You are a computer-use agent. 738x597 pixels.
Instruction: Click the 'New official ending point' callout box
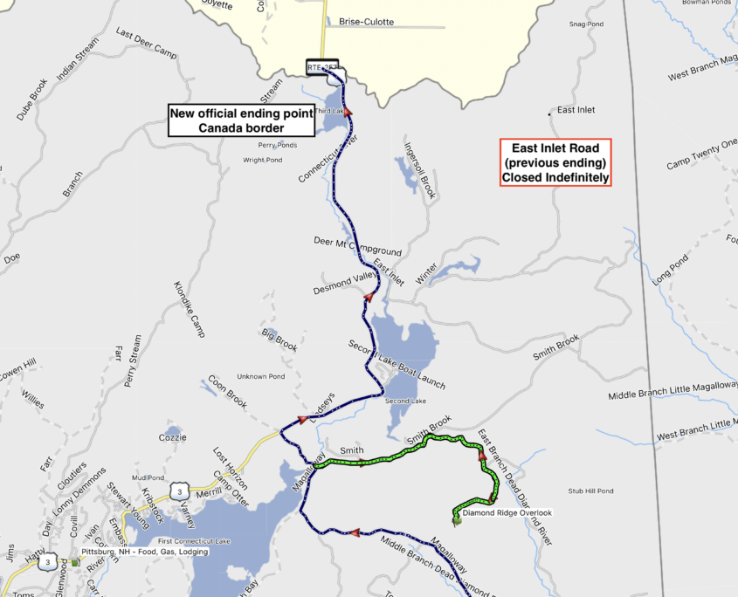click(x=241, y=120)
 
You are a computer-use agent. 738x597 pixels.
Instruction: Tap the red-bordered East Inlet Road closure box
click(x=555, y=161)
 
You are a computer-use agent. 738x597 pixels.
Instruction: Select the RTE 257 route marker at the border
click(x=322, y=66)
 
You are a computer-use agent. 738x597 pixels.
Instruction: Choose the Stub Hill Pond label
click(x=590, y=491)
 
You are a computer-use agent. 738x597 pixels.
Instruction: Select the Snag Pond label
click(x=585, y=24)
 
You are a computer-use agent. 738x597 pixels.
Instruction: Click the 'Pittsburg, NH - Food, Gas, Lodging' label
click(x=144, y=552)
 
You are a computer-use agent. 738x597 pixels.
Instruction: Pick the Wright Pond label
click(x=263, y=160)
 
